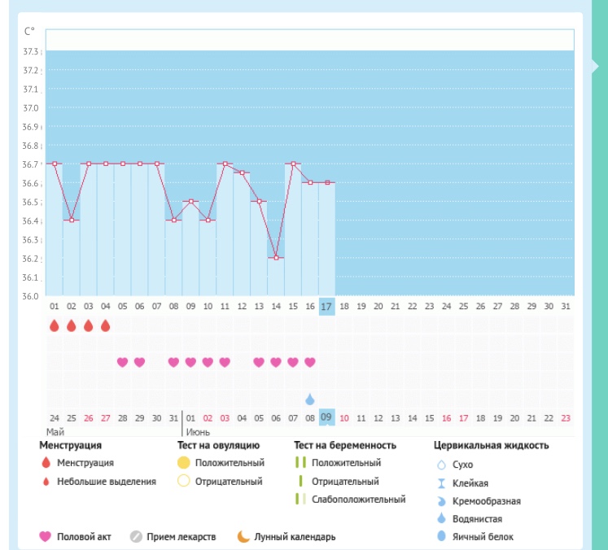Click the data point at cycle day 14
[x=276, y=258]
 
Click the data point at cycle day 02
[x=72, y=220]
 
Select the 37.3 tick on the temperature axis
[x=31, y=51]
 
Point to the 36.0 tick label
[x=31, y=296]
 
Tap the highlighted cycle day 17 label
[x=326, y=306]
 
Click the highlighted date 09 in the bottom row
[x=326, y=417]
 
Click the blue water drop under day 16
[x=310, y=399]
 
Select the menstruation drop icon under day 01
[x=55, y=325]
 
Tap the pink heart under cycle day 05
[x=123, y=362]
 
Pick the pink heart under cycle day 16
[x=310, y=362]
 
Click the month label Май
[x=55, y=431]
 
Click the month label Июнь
[x=199, y=431]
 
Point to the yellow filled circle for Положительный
[x=183, y=463]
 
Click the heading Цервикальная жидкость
[x=492, y=445]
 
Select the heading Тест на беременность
[x=345, y=445]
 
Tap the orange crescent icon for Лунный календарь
[x=243, y=537]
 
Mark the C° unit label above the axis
[x=30, y=32]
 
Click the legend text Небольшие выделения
[x=106, y=481]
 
